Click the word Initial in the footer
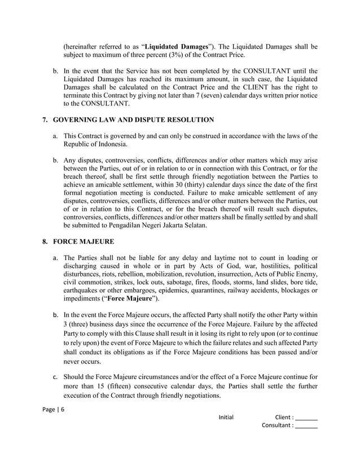[226, 418]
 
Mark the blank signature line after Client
[306, 418]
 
